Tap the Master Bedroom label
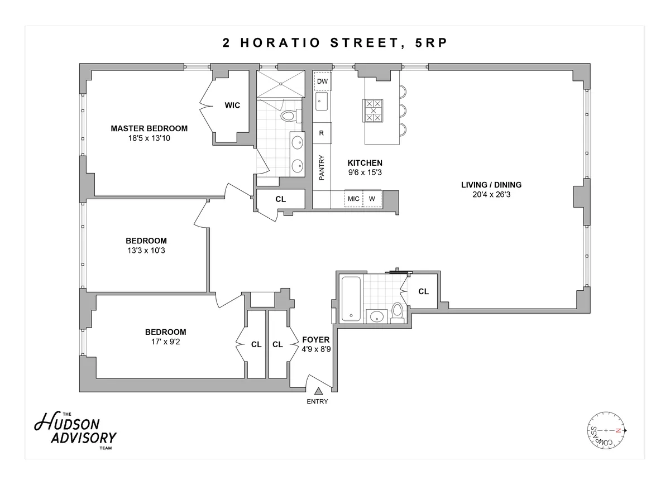149,128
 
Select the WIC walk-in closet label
232,105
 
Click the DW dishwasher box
322,81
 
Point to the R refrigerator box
322,133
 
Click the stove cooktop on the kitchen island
373,111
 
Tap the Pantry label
322,167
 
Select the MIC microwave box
353,199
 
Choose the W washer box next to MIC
372,199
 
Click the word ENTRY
317,401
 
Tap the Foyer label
315,339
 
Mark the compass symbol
605,431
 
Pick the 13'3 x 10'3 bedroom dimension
146,251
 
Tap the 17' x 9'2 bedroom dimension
165,342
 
